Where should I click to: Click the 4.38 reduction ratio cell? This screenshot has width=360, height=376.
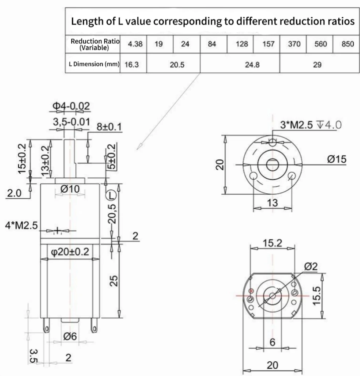pyautogui.click(x=133, y=44)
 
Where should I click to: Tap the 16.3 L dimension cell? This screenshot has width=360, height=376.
pyautogui.click(x=133, y=64)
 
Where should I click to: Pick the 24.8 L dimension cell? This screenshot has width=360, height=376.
pyautogui.click(x=252, y=65)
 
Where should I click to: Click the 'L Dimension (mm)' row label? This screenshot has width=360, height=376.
pyautogui.click(x=93, y=64)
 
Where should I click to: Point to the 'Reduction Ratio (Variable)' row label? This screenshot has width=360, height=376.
pyautogui.click(x=95, y=44)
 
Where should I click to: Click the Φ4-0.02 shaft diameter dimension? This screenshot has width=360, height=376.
pyautogui.click(x=70, y=106)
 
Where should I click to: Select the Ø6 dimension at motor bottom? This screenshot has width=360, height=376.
pyautogui.click(x=69, y=336)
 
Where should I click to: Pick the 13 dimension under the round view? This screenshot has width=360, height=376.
pyautogui.click(x=272, y=203)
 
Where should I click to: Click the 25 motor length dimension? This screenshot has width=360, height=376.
pyautogui.click(x=114, y=281)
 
